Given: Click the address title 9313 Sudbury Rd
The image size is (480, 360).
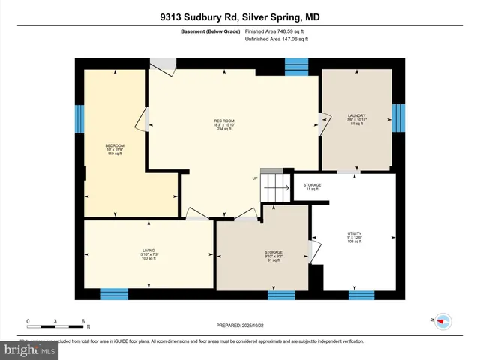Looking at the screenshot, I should (x=240, y=16).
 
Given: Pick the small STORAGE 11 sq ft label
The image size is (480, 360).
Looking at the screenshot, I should (x=312, y=187).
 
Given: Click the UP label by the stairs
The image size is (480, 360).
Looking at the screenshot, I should (x=255, y=178).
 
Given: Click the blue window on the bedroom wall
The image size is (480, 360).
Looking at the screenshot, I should (x=79, y=118).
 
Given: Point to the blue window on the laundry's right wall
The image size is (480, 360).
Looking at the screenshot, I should (x=399, y=117).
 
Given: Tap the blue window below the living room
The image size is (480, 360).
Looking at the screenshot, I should (x=114, y=294).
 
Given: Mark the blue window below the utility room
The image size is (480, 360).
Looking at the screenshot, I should (x=361, y=294).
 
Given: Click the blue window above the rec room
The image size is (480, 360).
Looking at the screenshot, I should (x=296, y=65).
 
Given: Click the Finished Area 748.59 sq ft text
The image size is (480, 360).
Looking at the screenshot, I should (x=275, y=32).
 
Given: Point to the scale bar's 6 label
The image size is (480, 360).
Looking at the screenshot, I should (x=82, y=321).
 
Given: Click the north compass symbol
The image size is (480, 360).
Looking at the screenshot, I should (x=442, y=320).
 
